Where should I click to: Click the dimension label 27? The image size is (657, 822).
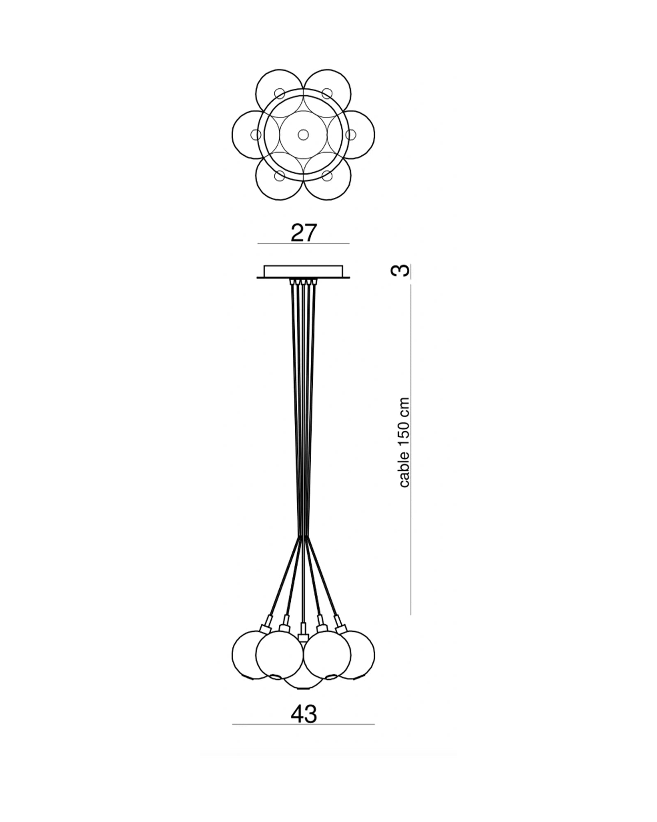coord(304,233)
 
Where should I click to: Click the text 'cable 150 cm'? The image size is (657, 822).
coord(404,442)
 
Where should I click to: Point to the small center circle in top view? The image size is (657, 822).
coord(303,134)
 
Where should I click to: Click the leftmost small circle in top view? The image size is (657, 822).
coord(256,134)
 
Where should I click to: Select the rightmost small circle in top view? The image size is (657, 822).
coord(351,134)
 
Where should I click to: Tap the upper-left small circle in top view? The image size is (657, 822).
coord(280,93)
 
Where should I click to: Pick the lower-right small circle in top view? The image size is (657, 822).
coord(327,176)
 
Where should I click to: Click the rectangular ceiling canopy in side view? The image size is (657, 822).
coord(303,272)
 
